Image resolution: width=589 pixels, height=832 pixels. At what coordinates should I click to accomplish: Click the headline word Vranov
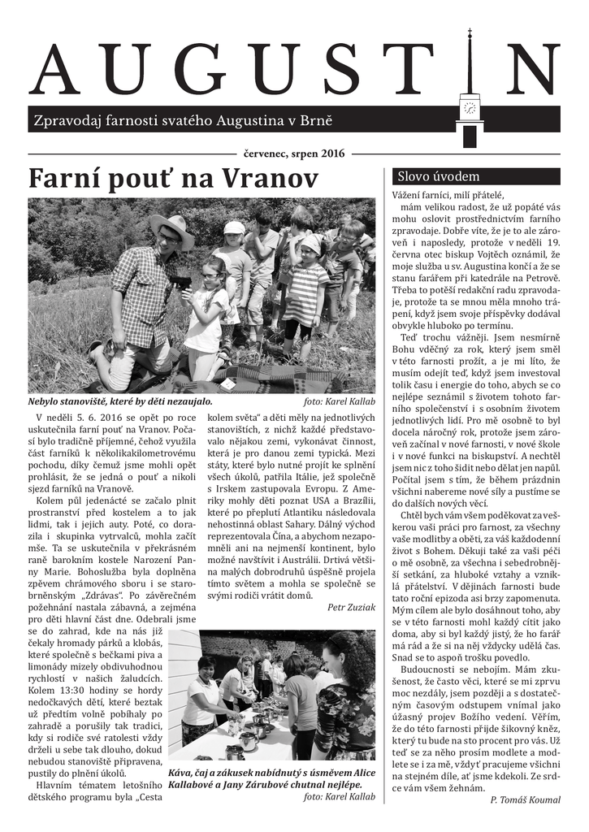271,178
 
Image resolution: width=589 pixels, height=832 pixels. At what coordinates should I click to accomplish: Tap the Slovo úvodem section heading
438,176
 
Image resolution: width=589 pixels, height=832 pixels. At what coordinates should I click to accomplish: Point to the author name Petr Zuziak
351,606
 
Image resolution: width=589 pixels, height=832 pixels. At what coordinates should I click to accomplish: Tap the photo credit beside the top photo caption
339,401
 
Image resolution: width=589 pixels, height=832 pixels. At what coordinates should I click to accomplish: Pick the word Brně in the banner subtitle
317,121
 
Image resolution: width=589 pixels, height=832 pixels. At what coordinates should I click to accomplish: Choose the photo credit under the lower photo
339,797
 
